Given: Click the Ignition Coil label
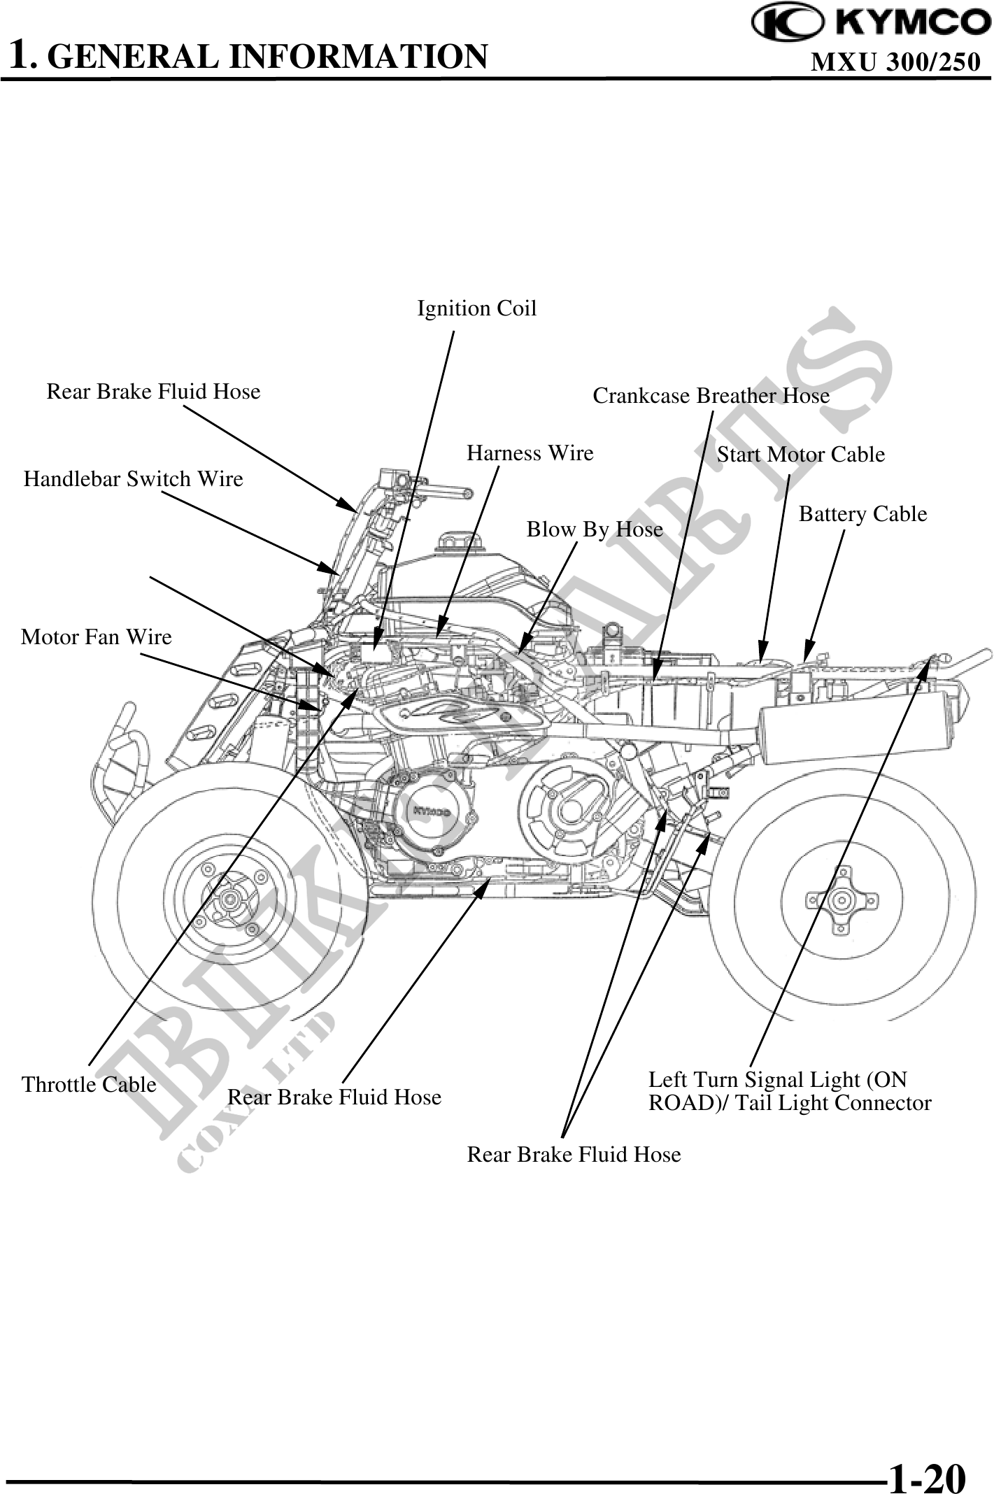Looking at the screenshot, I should click(476, 308).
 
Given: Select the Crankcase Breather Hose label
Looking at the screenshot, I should click(711, 396).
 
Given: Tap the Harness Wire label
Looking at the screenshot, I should click(530, 453).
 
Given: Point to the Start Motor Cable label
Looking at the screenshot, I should click(800, 455).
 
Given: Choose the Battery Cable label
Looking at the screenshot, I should click(862, 514).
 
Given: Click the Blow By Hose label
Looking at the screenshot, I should click(594, 529).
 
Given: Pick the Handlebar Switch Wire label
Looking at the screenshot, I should click(133, 479).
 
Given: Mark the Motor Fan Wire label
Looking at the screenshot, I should click(96, 636).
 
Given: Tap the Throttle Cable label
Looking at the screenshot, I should click(89, 1084).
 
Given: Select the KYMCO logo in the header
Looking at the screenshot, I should click(871, 24).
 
